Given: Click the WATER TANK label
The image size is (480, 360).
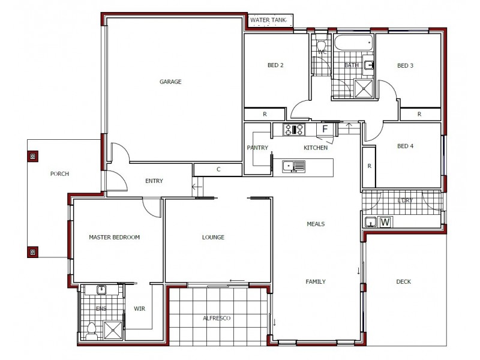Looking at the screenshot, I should [x=269, y=20].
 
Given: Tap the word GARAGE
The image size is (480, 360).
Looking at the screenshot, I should [x=170, y=82].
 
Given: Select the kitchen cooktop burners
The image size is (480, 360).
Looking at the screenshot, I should [x=295, y=129].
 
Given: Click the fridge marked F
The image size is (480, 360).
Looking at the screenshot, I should [x=325, y=129].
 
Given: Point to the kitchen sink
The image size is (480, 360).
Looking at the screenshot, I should [x=294, y=166].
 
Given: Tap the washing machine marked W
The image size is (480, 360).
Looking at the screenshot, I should [x=385, y=223].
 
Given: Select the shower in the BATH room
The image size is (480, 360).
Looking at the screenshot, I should [x=364, y=89].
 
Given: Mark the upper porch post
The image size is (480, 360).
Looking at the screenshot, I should [x=32, y=156].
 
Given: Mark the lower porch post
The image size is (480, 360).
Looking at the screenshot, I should [x=32, y=251].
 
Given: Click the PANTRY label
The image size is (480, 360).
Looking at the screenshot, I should [x=257, y=148].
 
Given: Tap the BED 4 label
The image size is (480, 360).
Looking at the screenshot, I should [x=406, y=146].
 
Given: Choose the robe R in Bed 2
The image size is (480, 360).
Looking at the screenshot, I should [x=265, y=114].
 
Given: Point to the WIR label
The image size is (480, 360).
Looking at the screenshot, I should [x=139, y=309].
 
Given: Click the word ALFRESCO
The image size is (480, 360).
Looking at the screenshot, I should [x=217, y=319].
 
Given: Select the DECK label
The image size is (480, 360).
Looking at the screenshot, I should [x=403, y=282].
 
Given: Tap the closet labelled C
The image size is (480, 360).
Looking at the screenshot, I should [x=218, y=170].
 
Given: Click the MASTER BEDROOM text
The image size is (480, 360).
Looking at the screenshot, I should [x=114, y=238].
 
